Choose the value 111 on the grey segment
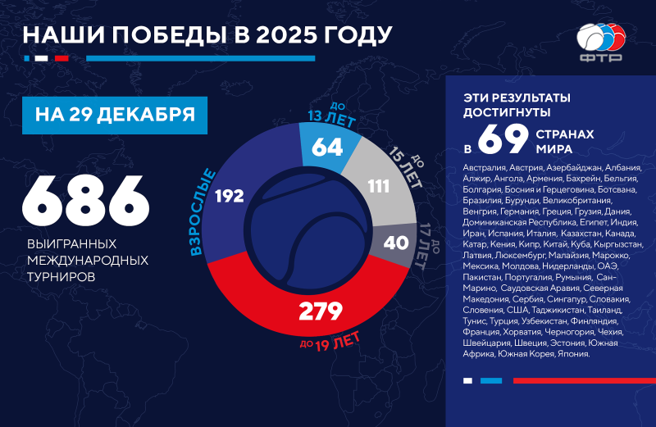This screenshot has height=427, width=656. tap(378, 186)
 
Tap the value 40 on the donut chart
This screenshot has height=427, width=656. tap(395, 243)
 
